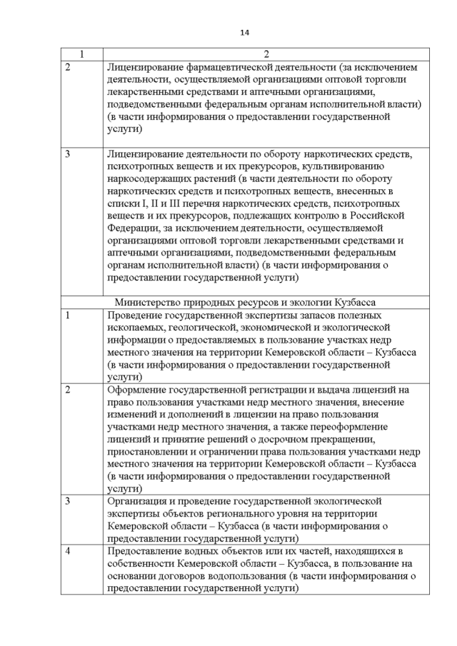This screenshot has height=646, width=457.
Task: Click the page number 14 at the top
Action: pyautogui.click(x=244, y=32)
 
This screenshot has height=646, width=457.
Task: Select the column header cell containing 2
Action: pyautogui.click(x=266, y=54)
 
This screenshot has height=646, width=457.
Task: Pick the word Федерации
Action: pyautogui.click(x=131, y=228)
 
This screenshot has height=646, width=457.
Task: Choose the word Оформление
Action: pyautogui.click(x=136, y=391)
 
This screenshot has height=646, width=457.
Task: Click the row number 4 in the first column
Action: pyautogui.click(x=68, y=551)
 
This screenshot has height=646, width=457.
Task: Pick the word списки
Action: pyautogui.click(x=122, y=203)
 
